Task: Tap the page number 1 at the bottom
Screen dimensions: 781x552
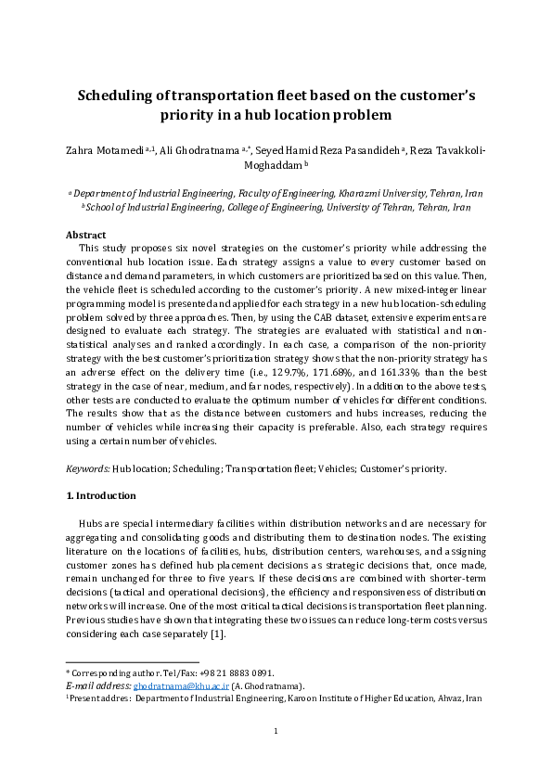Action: [276, 756]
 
